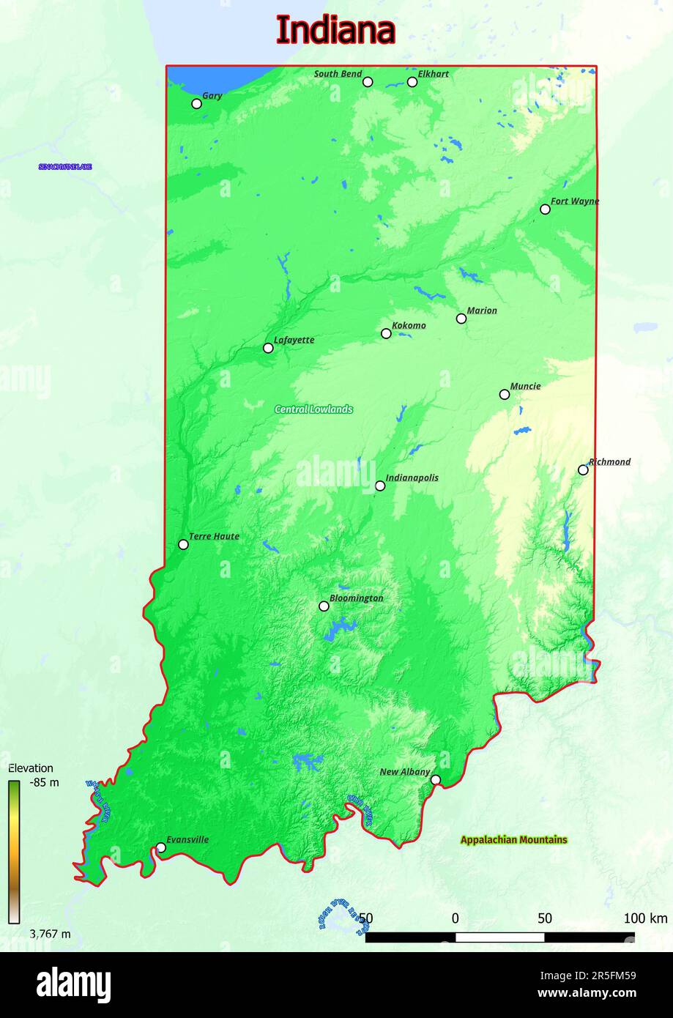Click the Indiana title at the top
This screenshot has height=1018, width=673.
(x=335, y=31)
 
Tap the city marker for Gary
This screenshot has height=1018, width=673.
(x=196, y=104)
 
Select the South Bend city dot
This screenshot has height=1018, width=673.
(x=368, y=82)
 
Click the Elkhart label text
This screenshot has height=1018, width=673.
(x=433, y=74)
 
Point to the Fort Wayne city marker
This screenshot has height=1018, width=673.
(x=545, y=209)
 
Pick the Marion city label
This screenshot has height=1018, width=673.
(x=482, y=311)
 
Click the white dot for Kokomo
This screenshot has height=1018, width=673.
(x=386, y=334)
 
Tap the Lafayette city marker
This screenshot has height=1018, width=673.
(x=268, y=348)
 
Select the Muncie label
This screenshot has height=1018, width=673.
(x=525, y=386)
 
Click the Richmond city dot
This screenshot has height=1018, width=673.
(x=583, y=470)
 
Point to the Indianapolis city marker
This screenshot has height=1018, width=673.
(x=380, y=486)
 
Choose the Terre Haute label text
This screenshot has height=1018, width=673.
(x=214, y=536)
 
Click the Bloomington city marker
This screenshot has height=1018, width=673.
(x=324, y=606)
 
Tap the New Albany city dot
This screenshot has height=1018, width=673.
(x=436, y=780)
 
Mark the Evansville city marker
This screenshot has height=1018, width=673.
(x=161, y=848)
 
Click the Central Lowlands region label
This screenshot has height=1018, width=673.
(x=313, y=409)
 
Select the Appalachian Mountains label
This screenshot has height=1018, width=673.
(x=513, y=840)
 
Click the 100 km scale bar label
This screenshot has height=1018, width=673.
(x=645, y=918)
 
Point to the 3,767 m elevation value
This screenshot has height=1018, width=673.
(x=50, y=934)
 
